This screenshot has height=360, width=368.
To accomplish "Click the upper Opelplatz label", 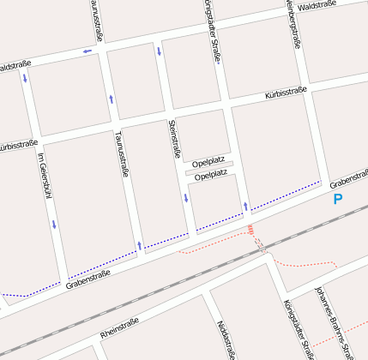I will tap(209, 162).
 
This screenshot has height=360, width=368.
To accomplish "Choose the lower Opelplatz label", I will tap(211, 176).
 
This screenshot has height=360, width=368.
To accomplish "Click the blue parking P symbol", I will tap(337, 199).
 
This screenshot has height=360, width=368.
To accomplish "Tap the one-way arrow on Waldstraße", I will tap(87, 51).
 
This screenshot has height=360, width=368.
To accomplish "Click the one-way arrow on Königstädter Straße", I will tap(245, 206).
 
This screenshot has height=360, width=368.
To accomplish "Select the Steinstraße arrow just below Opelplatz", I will tap(185, 199).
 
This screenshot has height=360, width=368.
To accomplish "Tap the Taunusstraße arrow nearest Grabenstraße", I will tap(139, 245).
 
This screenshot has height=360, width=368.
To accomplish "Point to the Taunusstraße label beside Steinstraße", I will tap(121, 154).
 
